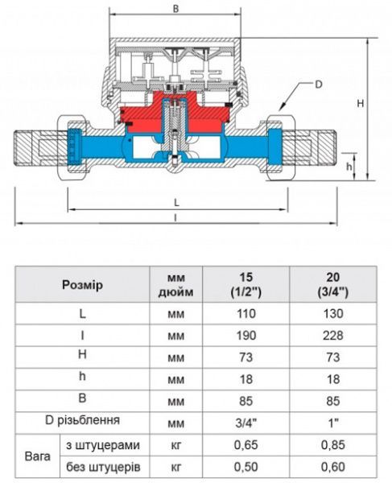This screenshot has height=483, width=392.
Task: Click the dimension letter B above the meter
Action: (x=175, y=8)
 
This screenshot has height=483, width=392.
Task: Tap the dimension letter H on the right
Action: (x=361, y=103)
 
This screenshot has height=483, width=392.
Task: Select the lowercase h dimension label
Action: (x=349, y=166)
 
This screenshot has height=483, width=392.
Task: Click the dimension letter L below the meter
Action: (x=176, y=201)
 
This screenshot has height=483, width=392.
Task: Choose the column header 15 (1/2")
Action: (x=246, y=284)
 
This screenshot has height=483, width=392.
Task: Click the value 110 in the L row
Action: (x=246, y=313)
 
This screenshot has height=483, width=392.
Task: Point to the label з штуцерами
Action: (x=103, y=444)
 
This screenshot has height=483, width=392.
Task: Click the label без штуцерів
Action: (x=103, y=466)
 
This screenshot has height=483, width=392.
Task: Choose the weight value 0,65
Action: (x=246, y=444)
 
